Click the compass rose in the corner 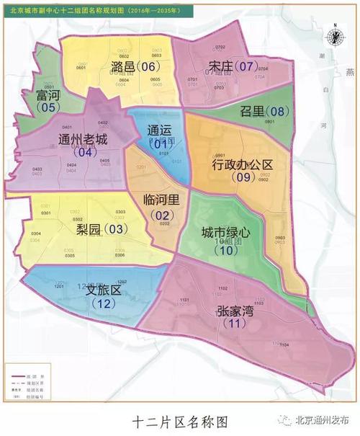(x=335, y=37)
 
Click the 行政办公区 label (x=243, y=164)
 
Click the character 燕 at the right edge (x=349, y=73)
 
